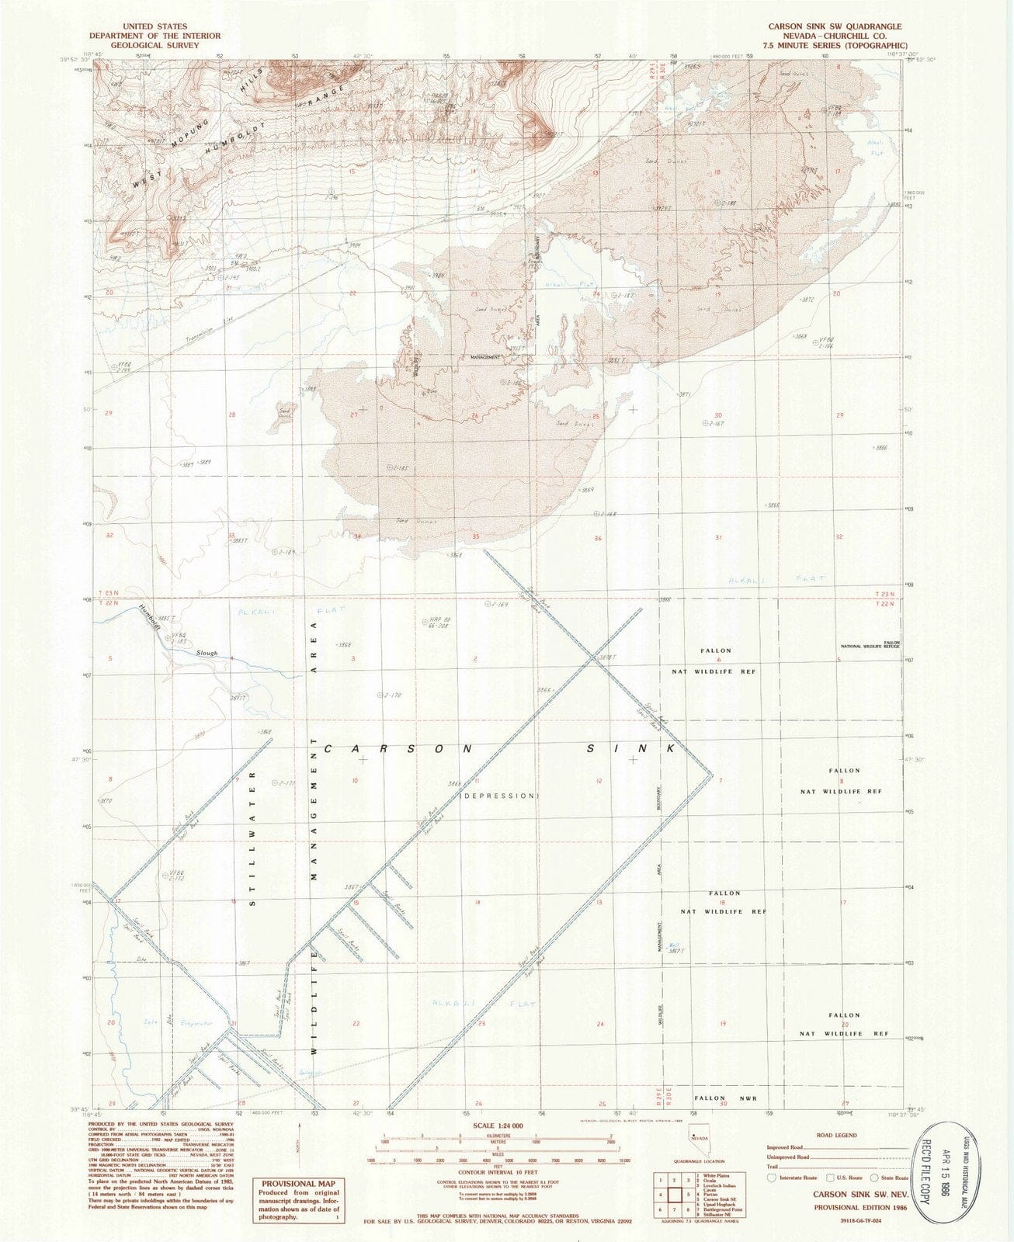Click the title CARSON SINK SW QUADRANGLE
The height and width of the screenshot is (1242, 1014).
pyautogui.click(x=835, y=26)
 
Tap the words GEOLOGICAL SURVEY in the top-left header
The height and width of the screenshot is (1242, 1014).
pyautogui.click(x=155, y=45)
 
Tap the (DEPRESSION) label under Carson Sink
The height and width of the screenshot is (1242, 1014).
pyautogui.click(x=499, y=796)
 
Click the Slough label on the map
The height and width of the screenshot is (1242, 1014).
pyautogui.click(x=207, y=654)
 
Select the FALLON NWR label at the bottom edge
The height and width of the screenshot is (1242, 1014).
pyautogui.click(x=720, y=1098)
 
